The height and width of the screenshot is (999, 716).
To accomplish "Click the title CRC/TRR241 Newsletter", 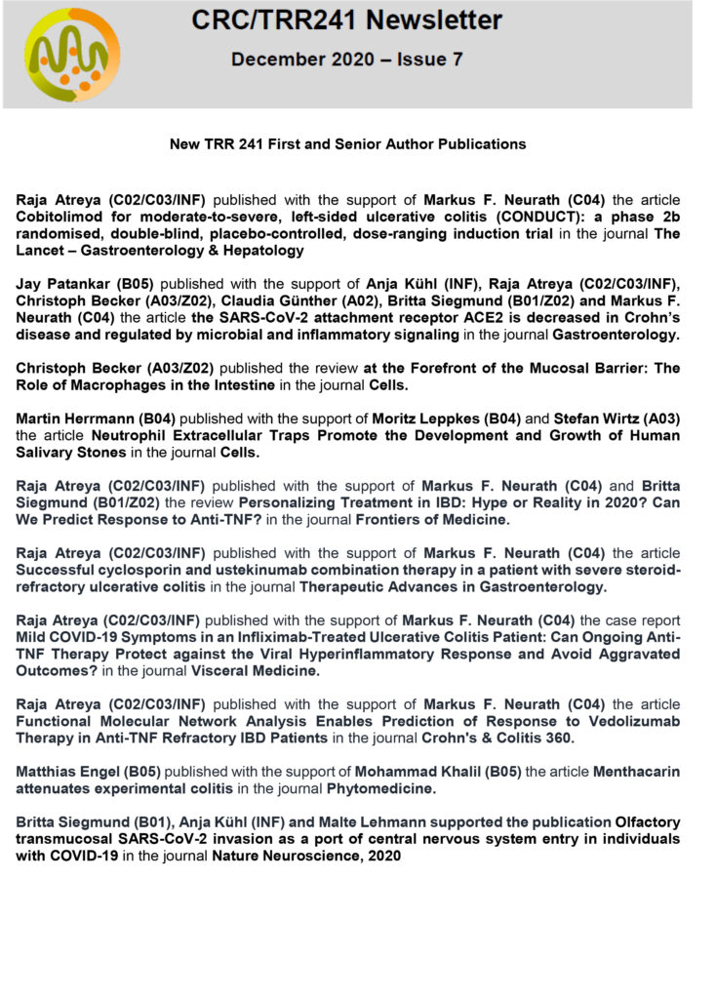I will [346, 20].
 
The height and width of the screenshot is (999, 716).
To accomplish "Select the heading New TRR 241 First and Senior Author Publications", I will [347, 144].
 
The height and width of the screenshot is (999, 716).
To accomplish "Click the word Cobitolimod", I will [60, 218].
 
